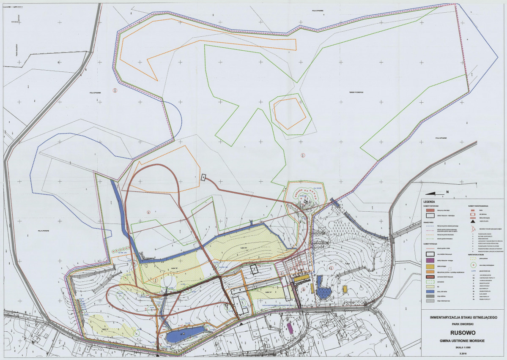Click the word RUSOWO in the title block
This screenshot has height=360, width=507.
(x=461, y=331)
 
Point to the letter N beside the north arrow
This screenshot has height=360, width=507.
(x=447, y=192)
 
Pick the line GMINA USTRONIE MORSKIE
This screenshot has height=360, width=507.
(x=461, y=340)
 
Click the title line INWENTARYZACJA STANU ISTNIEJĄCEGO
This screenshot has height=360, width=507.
(x=463, y=316)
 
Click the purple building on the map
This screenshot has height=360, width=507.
(x=290, y=328)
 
